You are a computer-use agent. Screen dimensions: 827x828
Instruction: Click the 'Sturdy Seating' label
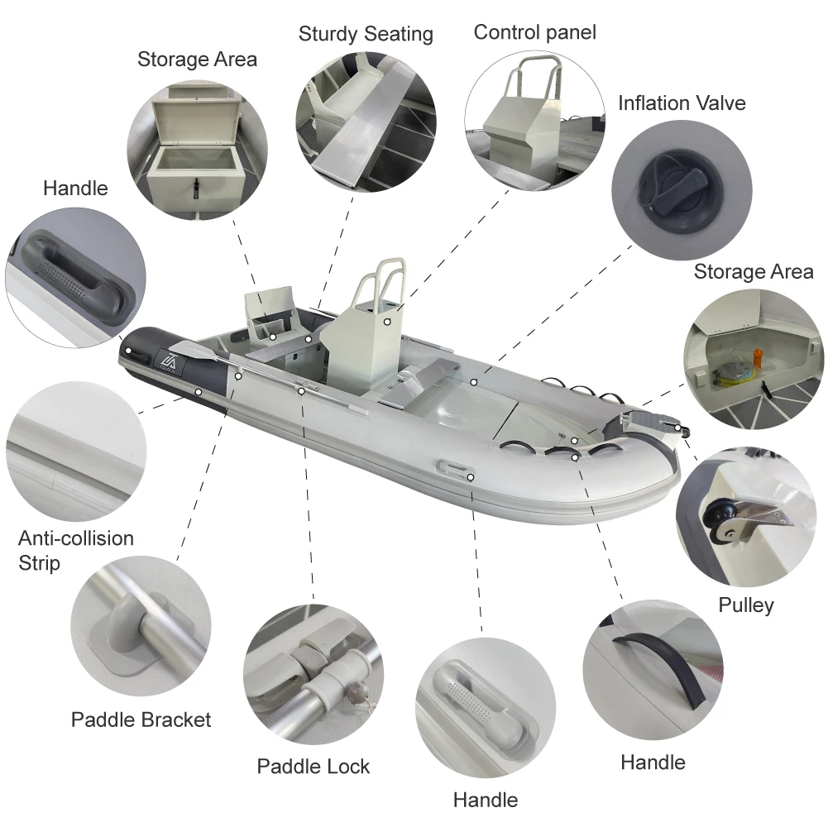click(x=366, y=34)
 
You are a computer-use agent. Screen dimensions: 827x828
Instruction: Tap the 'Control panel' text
click(x=534, y=32)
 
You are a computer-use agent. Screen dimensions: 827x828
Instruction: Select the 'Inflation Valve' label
click(x=682, y=103)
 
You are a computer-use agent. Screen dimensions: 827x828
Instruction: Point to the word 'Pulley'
click(x=745, y=605)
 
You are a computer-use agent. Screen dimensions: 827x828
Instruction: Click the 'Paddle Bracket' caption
click(x=141, y=719)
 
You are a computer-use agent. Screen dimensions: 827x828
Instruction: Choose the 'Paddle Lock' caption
click(x=313, y=766)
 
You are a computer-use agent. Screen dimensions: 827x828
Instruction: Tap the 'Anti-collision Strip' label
click(x=75, y=550)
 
